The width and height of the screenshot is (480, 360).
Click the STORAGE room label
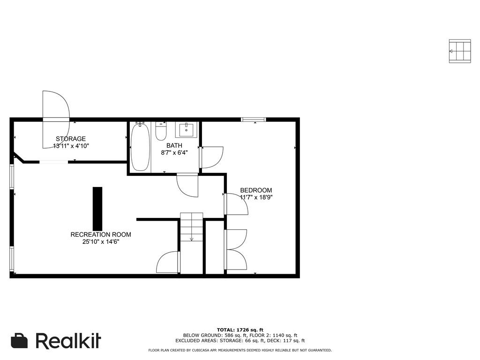71,139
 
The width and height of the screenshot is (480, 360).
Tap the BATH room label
174,145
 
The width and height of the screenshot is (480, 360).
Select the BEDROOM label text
256,190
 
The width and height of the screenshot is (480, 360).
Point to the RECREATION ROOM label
101,234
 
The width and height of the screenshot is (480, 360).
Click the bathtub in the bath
140,147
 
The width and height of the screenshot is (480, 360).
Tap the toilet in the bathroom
161,131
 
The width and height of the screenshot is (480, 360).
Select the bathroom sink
186,130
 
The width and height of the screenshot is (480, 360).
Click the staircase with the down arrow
191,227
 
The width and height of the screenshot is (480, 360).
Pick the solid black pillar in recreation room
97,208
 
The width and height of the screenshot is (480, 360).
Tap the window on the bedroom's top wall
253,120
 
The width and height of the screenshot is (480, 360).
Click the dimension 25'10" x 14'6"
101,242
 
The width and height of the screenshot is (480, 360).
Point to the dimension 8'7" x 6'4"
174,152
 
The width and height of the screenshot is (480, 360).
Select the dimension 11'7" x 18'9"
256,197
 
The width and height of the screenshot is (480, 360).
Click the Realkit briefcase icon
19,340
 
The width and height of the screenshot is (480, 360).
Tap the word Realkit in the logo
68,340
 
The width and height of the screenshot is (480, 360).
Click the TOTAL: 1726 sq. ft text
240,330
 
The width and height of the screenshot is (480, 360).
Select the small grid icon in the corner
460,51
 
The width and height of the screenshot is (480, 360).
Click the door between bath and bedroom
211,157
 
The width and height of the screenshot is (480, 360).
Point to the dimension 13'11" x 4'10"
71,146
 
